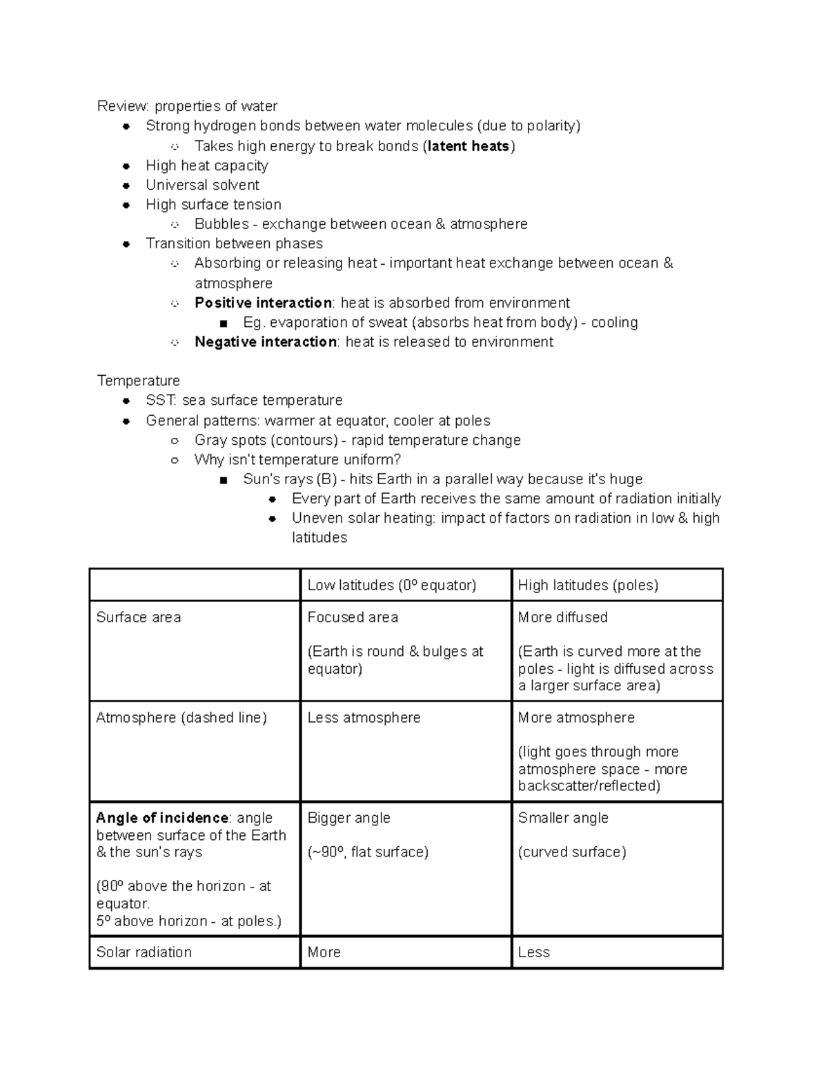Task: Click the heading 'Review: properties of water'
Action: (187, 106)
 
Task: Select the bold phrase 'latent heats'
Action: (469, 146)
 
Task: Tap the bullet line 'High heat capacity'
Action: (206, 166)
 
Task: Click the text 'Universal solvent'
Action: (202, 185)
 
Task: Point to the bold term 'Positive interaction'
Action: (263, 303)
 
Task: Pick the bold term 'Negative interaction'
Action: (265, 342)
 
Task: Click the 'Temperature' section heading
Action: (138, 381)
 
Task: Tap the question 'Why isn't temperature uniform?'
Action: (297, 460)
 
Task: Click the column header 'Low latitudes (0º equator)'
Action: (391, 585)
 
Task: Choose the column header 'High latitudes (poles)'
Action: (588, 585)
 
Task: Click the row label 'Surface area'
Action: (138, 617)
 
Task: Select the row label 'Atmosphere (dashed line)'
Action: (181, 718)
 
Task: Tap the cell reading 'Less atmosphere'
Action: (364, 718)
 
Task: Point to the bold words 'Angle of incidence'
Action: (162, 818)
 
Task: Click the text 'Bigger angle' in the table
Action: (348, 818)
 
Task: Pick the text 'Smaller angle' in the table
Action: (563, 818)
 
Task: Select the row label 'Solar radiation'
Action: (144, 952)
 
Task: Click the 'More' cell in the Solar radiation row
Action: (324, 952)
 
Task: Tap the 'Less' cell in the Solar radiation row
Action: (533, 952)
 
